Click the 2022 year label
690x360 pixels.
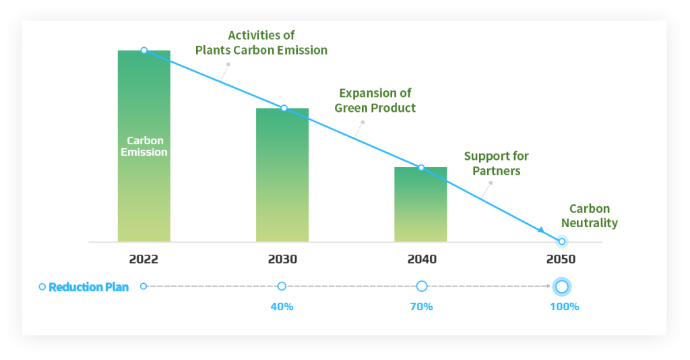click(144, 259)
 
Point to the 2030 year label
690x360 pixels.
click(282, 259)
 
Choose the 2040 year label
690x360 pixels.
click(422, 259)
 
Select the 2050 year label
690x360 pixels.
click(561, 259)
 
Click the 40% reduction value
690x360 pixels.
click(282, 306)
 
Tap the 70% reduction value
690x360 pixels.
click(421, 306)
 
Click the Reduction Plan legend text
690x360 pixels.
click(88, 287)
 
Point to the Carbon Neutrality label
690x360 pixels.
click(590, 216)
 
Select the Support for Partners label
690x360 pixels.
click(496, 163)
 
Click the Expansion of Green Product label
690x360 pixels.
click(375, 100)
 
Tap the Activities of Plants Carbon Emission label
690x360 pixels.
click(261, 42)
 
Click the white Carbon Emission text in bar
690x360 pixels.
click(144, 146)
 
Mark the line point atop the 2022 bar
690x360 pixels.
click(144, 51)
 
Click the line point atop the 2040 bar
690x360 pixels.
click(421, 167)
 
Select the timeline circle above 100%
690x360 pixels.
click(562, 287)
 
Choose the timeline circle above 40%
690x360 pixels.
click(282, 287)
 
